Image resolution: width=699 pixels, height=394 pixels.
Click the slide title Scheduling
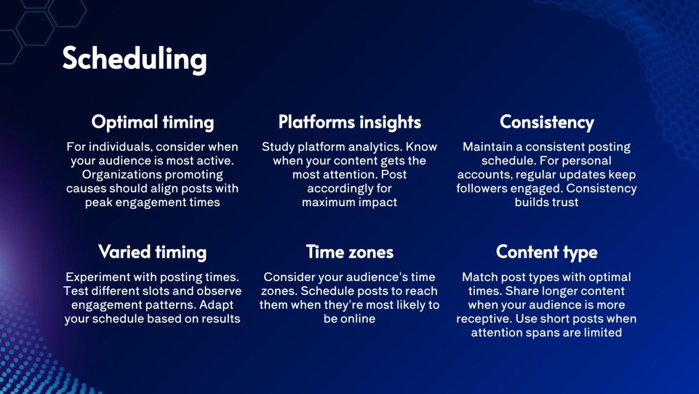point(134,59)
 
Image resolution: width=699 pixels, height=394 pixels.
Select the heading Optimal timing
point(153,122)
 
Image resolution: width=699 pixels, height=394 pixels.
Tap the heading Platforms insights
point(349,122)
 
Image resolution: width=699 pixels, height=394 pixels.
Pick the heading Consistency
point(546,122)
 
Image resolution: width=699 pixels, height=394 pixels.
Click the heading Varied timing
point(153,252)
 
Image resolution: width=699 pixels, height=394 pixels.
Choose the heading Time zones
point(349,252)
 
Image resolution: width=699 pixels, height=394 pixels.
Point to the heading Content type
point(546,252)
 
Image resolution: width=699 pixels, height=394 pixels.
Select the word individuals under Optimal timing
point(110,147)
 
